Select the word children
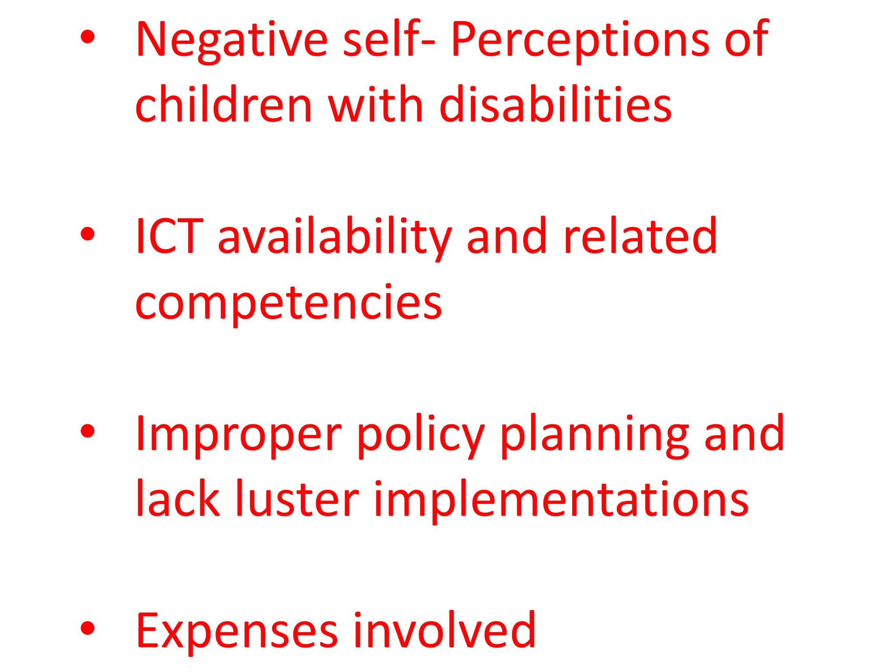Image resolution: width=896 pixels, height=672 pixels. coord(224,105)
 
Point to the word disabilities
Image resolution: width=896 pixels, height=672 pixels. coord(555,105)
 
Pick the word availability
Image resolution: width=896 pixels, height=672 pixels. coord(335,238)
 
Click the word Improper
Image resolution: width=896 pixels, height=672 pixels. coord(239,435)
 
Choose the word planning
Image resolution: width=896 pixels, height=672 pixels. coord(594,435)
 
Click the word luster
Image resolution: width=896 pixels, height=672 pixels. coord(297,500)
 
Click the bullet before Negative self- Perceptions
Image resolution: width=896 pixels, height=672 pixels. coord(88,37)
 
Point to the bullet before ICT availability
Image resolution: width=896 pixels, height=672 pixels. coord(88,234)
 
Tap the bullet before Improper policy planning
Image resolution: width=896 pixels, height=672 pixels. coord(88,431)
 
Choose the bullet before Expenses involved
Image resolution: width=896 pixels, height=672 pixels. coord(88,628)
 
